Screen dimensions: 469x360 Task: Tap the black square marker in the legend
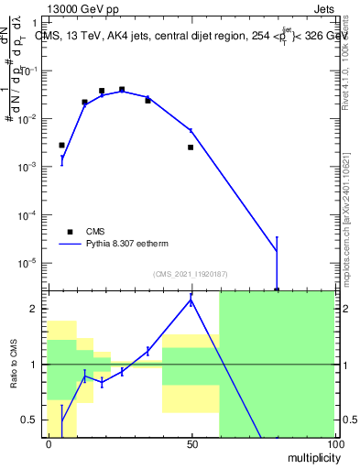tap(70, 232)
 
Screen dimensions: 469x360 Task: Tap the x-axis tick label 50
tap(191, 444)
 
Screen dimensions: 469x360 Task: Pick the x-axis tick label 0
tap(49, 444)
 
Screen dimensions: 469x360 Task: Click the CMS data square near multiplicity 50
tap(191, 147)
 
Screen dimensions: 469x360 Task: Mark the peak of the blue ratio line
tap(191, 299)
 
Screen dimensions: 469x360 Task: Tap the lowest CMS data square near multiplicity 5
tap(61, 145)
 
